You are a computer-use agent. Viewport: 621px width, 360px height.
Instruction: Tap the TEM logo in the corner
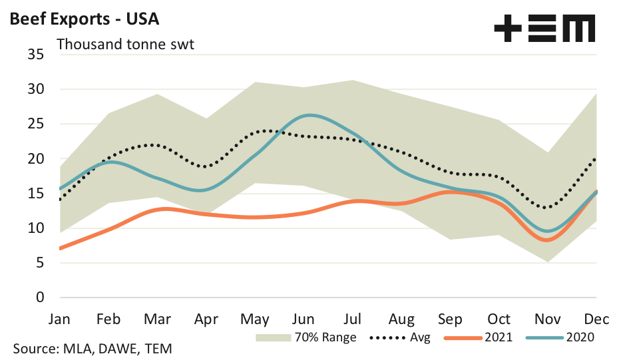544,29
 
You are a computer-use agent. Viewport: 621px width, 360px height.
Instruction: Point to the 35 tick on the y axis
35,55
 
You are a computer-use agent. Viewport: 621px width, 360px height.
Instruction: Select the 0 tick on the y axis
40,297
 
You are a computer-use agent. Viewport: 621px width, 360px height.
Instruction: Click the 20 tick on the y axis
35,158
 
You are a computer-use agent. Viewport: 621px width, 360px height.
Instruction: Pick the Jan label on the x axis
61,318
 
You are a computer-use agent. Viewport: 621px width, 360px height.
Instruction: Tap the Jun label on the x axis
304,318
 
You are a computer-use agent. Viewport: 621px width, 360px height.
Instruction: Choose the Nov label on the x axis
547,318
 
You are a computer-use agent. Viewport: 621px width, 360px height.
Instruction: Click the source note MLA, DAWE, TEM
93,348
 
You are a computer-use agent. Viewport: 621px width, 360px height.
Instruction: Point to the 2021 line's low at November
546,240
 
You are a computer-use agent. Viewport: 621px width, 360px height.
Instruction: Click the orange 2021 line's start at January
61,248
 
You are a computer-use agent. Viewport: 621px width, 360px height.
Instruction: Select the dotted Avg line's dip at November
547,208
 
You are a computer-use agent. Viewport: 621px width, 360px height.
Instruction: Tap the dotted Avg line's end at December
595,159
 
